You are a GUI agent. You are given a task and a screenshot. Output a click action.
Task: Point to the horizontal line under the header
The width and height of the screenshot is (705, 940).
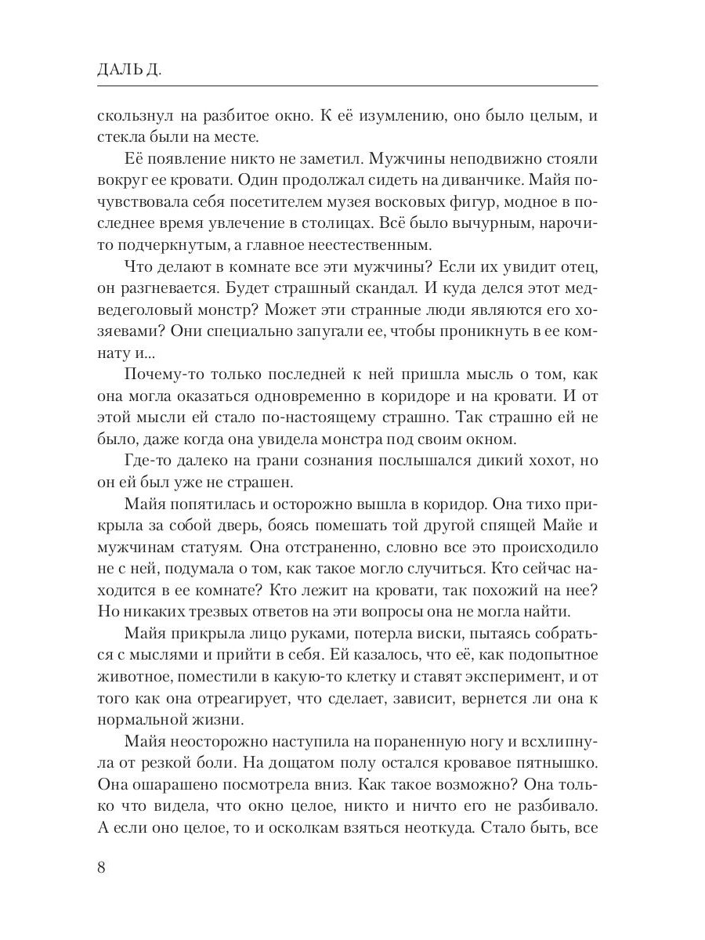tap(348, 85)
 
